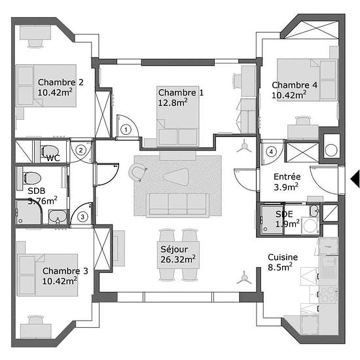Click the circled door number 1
point(126,130)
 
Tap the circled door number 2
point(81,151)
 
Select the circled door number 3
point(82,217)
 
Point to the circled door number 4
point(272,152)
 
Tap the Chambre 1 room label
point(181,92)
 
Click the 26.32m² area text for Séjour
point(178,259)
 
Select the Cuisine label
point(283,257)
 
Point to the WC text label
point(53,158)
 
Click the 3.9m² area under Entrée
point(286,187)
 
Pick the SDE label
point(284,214)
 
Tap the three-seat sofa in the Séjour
point(177,205)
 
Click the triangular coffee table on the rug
point(176,176)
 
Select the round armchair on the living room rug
point(137,172)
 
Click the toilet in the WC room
point(50,152)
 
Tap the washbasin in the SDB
point(58,217)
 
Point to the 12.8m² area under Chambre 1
point(173,102)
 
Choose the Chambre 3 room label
point(65,271)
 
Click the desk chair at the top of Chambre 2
point(35,43)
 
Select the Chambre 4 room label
point(295,85)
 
